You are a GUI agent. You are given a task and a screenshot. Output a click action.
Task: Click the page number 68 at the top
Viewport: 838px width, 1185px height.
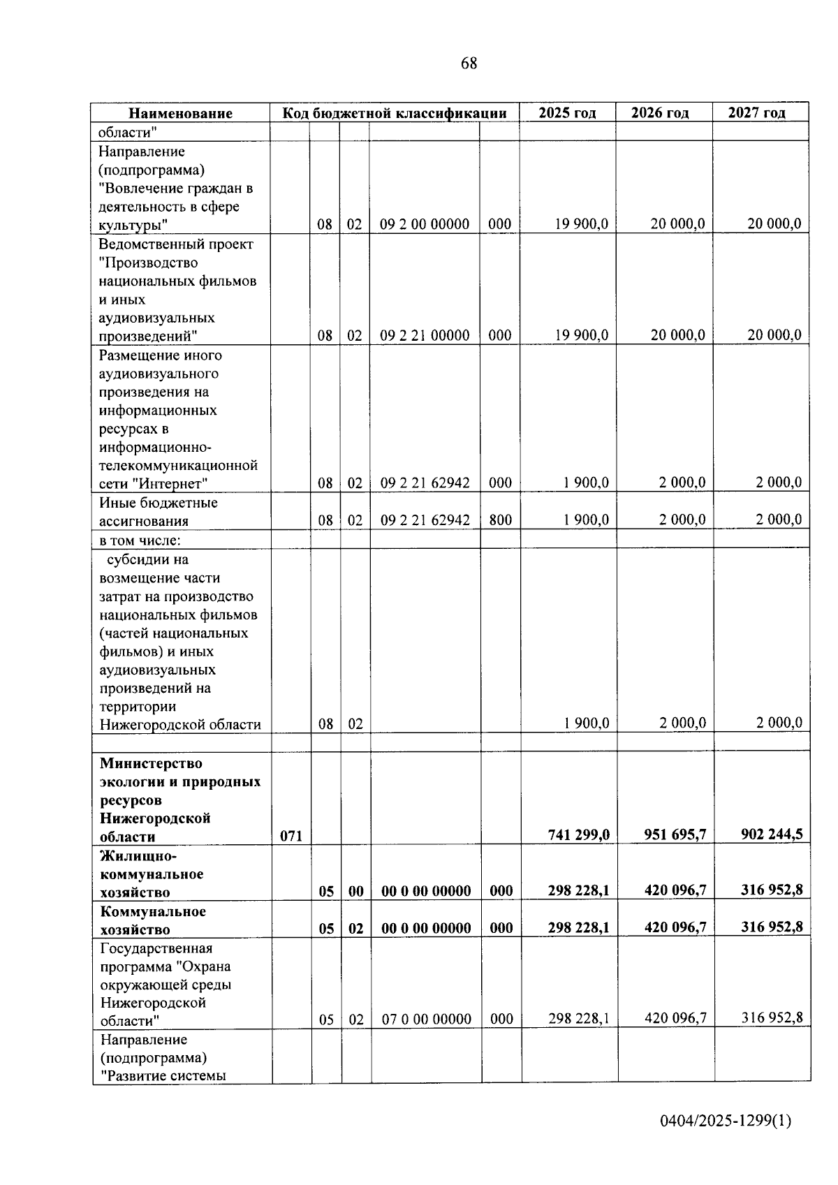click(469, 64)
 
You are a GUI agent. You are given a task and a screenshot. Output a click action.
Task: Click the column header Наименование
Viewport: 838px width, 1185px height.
click(180, 113)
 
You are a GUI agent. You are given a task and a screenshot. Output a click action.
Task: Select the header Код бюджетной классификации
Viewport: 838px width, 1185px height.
click(394, 113)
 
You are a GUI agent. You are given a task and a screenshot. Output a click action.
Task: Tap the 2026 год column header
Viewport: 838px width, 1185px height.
click(660, 113)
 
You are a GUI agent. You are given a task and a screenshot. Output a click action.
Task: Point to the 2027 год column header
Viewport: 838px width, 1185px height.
click(756, 113)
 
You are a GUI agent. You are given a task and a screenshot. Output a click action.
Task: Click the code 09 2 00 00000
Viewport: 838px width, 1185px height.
click(425, 224)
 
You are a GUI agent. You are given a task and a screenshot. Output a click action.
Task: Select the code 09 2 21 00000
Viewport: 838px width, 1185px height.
click(425, 335)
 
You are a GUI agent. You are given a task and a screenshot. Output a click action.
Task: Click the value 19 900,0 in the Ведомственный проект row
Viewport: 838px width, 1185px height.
click(582, 335)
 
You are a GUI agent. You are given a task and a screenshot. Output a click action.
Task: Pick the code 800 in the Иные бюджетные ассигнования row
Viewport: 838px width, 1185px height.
click(500, 520)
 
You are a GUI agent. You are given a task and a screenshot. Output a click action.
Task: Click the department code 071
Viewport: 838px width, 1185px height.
click(291, 835)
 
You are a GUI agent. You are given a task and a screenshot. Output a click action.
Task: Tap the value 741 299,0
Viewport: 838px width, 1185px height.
click(579, 834)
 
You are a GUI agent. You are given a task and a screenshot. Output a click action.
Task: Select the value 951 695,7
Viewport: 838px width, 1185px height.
click(675, 834)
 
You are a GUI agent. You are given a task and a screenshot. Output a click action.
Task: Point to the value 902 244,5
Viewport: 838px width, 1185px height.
click(772, 834)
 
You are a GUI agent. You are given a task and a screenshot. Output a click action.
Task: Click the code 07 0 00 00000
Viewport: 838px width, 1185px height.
click(426, 1020)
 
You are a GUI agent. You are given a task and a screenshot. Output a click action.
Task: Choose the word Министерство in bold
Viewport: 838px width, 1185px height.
click(151, 763)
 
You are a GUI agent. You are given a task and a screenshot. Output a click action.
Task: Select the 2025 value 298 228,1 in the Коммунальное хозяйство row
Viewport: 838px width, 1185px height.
click(579, 927)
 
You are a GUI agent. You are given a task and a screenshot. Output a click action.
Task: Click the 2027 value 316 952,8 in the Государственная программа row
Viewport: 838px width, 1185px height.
click(772, 1018)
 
